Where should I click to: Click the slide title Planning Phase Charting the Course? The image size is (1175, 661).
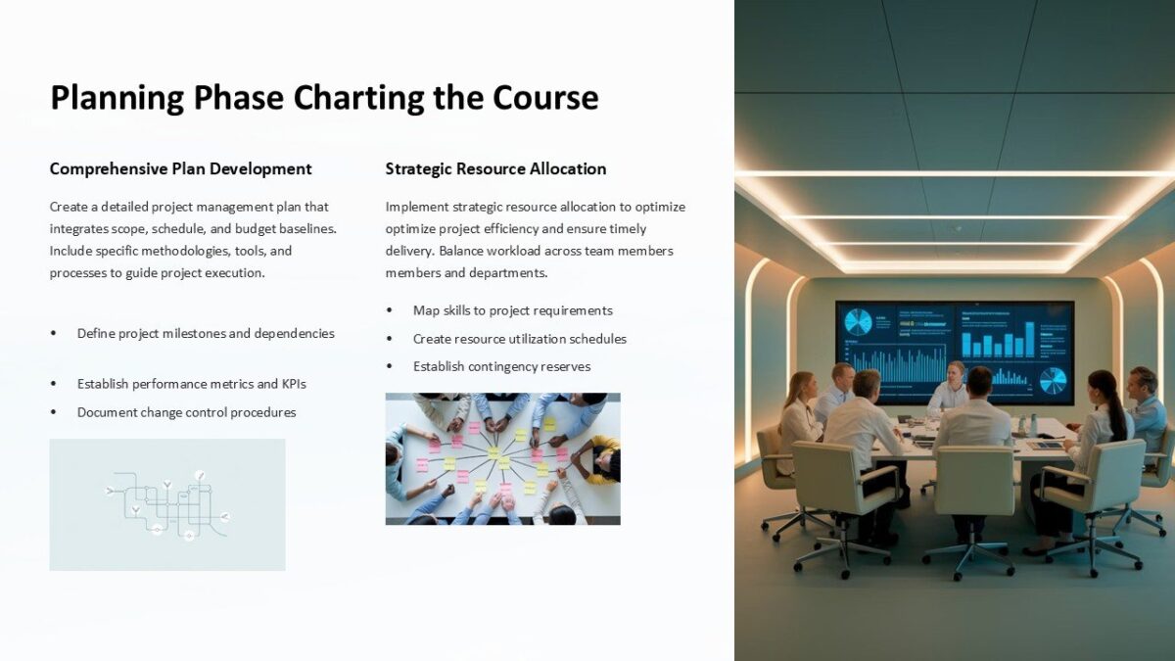(324, 98)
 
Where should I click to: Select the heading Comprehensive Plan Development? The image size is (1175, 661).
(180, 168)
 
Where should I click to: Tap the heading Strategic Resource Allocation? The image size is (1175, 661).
(495, 168)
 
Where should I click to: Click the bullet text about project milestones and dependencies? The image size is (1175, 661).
(206, 333)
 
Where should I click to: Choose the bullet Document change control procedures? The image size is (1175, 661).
(186, 412)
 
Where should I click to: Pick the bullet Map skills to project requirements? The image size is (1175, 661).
(512, 310)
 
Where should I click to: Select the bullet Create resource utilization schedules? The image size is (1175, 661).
(519, 339)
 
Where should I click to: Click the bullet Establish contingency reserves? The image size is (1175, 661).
(501, 366)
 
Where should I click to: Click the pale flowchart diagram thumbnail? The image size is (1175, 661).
(167, 504)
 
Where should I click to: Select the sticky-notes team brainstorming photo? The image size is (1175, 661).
(502, 458)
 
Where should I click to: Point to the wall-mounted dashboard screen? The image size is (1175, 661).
(954, 351)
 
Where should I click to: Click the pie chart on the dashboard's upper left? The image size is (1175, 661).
(858, 322)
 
